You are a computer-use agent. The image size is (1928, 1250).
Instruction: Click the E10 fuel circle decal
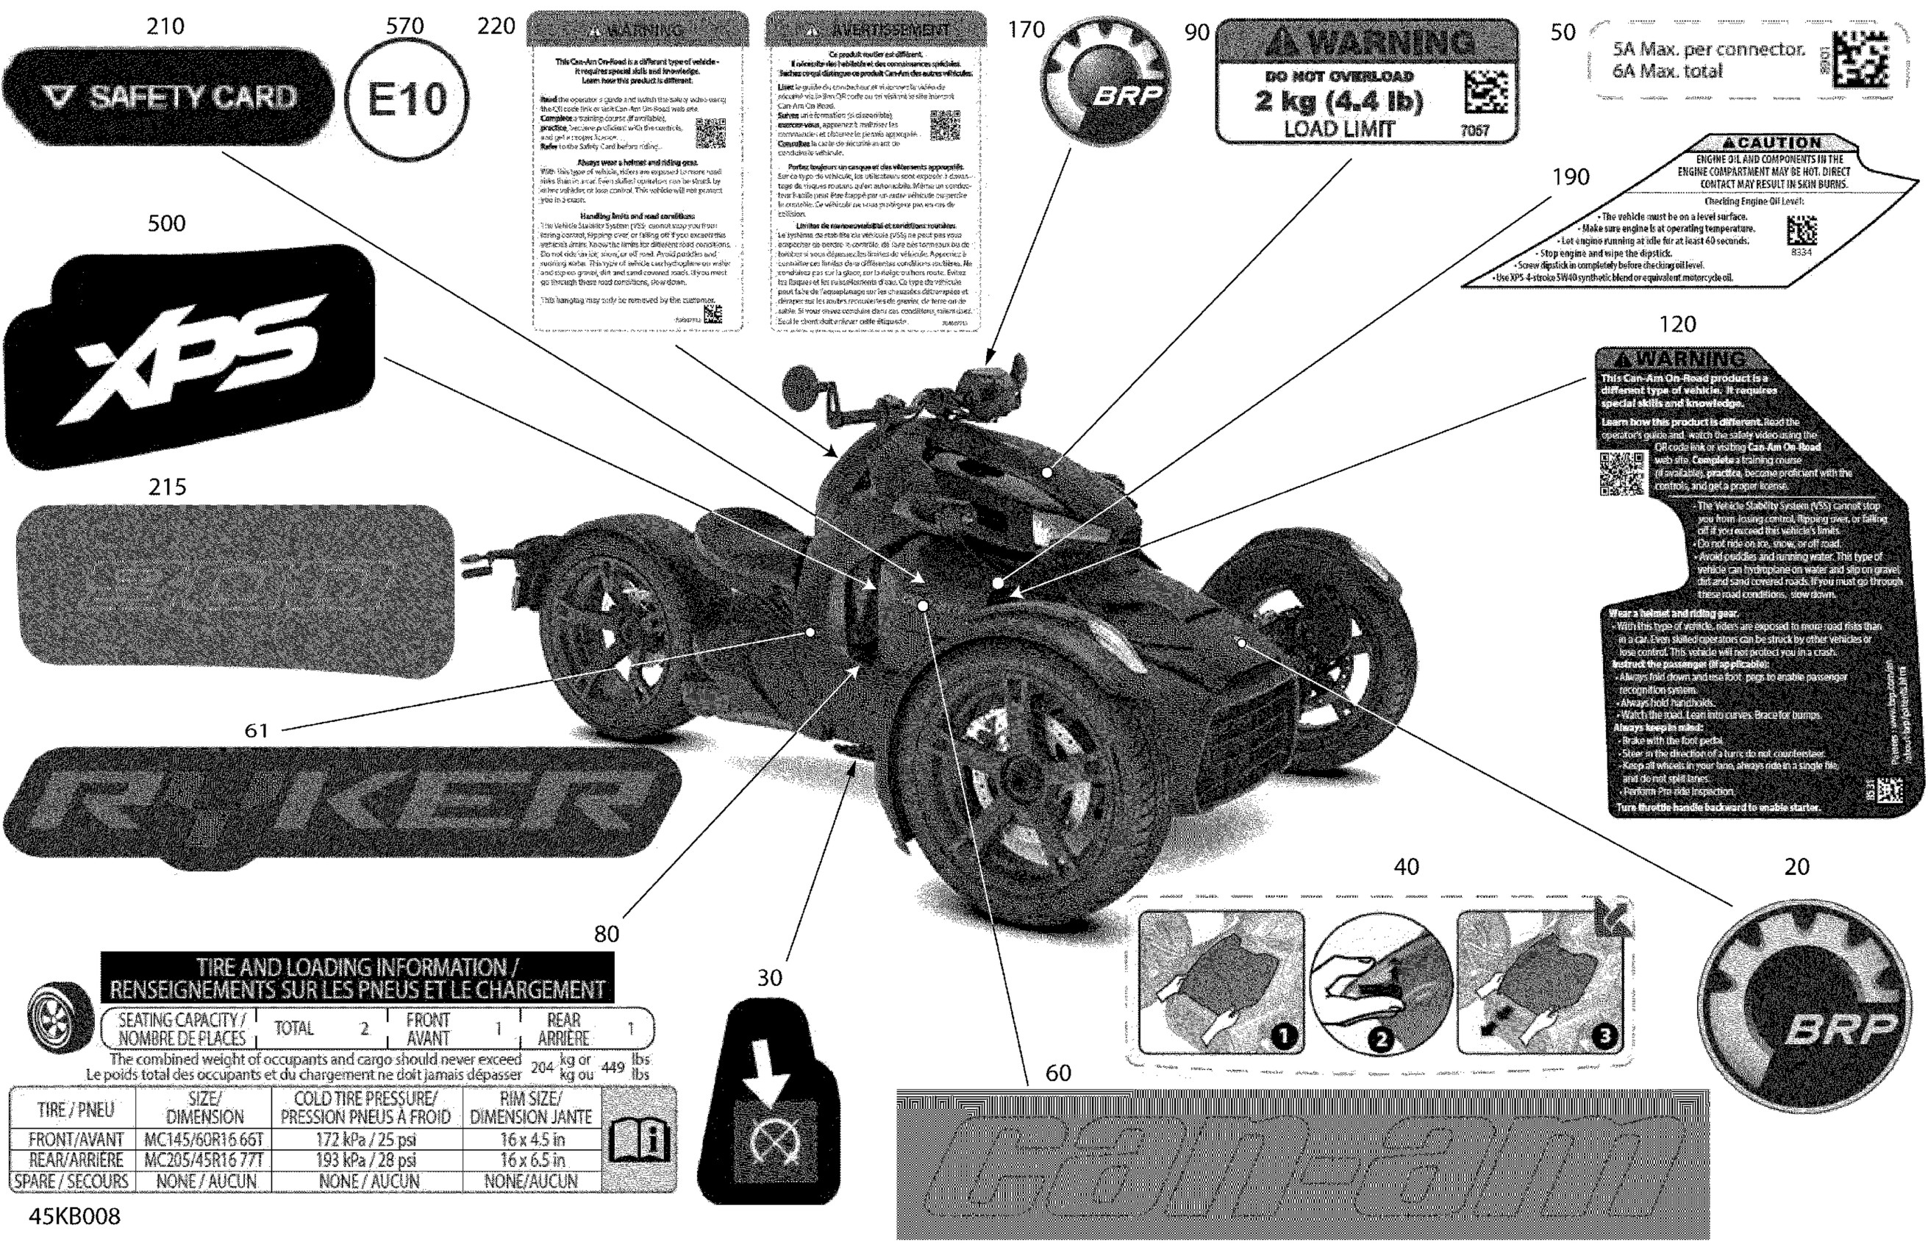coord(407,99)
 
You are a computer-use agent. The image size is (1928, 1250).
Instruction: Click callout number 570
coord(404,26)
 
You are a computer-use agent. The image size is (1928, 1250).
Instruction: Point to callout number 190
coord(1570,176)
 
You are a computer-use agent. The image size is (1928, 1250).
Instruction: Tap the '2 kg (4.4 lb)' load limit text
coord(1338,101)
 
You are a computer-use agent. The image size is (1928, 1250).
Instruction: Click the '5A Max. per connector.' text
coord(1708,49)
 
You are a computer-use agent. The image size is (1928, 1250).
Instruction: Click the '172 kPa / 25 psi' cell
coord(366,1139)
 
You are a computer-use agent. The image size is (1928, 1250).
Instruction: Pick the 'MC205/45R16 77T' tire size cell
coord(204,1160)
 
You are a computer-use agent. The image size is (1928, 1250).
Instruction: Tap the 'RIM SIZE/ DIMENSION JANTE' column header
coord(531,1107)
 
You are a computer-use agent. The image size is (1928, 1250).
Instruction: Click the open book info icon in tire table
coord(639,1140)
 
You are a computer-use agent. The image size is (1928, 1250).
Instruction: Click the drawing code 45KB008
coord(74,1216)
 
